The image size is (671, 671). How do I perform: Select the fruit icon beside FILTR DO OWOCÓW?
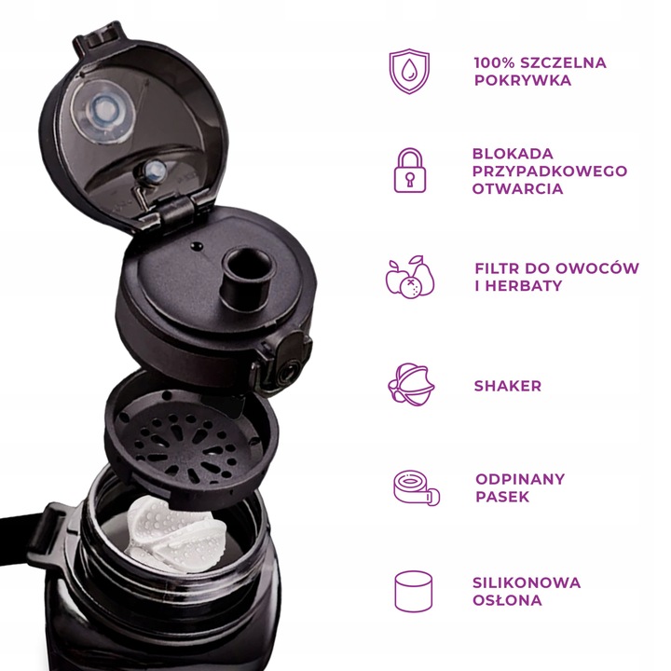point(410,277)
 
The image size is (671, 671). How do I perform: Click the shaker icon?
point(410,385)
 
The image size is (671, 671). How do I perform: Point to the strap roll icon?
point(411,487)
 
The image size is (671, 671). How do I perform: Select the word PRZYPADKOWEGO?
point(550,171)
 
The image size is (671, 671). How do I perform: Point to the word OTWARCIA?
point(517,189)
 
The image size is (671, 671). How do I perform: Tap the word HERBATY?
point(528,286)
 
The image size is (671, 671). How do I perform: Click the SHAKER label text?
point(508,386)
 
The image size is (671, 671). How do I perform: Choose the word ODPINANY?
point(520,479)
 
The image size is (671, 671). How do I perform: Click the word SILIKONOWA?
point(527,583)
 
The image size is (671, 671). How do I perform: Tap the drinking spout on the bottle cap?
point(246,275)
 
